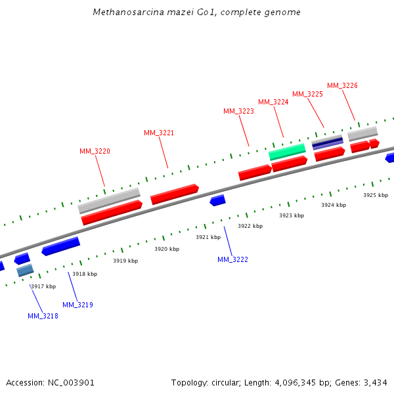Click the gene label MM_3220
[x=95, y=151]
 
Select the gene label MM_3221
[x=159, y=133]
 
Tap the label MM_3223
[x=238, y=111]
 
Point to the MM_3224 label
[x=273, y=102]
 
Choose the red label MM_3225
[x=307, y=94]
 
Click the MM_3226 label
[x=342, y=85]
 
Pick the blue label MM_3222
[x=232, y=259]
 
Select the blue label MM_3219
[x=77, y=305]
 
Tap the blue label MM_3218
[x=43, y=316]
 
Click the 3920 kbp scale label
[x=167, y=249]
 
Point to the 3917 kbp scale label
[x=43, y=286]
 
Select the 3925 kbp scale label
[x=376, y=195]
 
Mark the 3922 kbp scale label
[x=250, y=226]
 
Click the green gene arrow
[x=287, y=152]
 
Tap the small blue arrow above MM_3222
[x=217, y=200]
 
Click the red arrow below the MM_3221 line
[x=175, y=194]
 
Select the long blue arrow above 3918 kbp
[x=60, y=246]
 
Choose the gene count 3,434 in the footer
[x=376, y=382]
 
